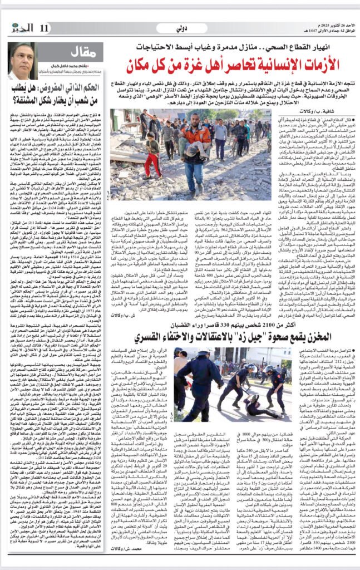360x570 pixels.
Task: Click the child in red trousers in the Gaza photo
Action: pos(150,154)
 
